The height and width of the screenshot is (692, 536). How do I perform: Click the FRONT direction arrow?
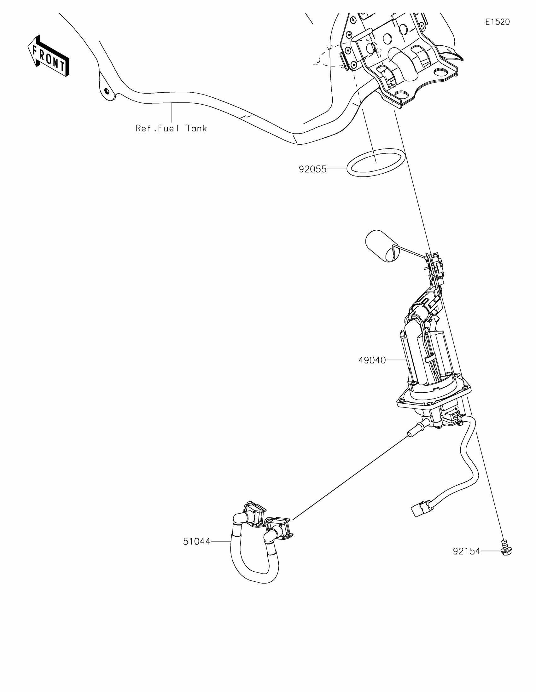48,56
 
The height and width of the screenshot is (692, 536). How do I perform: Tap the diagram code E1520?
497,22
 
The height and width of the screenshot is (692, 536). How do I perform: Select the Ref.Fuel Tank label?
171,128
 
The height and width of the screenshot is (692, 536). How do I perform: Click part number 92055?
312,170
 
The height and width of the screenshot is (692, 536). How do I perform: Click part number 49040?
372,360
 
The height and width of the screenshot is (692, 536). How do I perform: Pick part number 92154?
466,552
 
